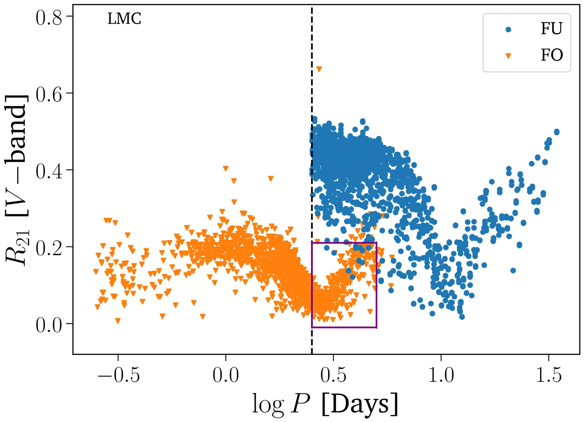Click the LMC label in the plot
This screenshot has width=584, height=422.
pyautogui.click(x=124, y=19)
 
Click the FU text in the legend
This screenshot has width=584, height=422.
pyautogui.click(x=551, y=29)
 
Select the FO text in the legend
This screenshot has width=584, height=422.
pyautogui.click(x=551, y=55)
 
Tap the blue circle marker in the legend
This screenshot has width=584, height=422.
pyautogui.click(x=509, y=29)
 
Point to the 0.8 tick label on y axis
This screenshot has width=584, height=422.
pyautogui.click(x=49, y=18)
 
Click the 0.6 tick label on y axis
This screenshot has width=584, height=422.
pyautogui.click(x=49, y=94)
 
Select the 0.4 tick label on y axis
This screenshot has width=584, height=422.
pyautogui.click(x=49, y=171)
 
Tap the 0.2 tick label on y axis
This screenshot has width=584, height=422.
pyautogui.click(x=49, y=248)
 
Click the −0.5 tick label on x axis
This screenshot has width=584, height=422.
pyautogui.click(x=118, y=375)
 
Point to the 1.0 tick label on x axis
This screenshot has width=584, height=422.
pyautogui.click(x=441, y=375)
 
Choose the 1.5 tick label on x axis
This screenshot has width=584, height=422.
pyautogui.click(x=549, y=375)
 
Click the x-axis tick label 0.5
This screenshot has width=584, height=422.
pyautogui.click(x=333, y=375)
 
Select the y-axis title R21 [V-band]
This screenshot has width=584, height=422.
pyautogui.click(x=17, y=180)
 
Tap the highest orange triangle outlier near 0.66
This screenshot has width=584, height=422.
pyautogui.click(x=319, y=69)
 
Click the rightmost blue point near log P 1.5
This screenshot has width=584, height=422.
pyautogui.click(x=557, y=132)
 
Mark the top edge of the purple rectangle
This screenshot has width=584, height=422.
pyautogui.click(x=344, y=243)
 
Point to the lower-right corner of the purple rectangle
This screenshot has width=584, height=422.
pyautogui.click(x=376, y=327)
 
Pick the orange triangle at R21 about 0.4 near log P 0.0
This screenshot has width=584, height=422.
pyautogui.click(x=225, y=169)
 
